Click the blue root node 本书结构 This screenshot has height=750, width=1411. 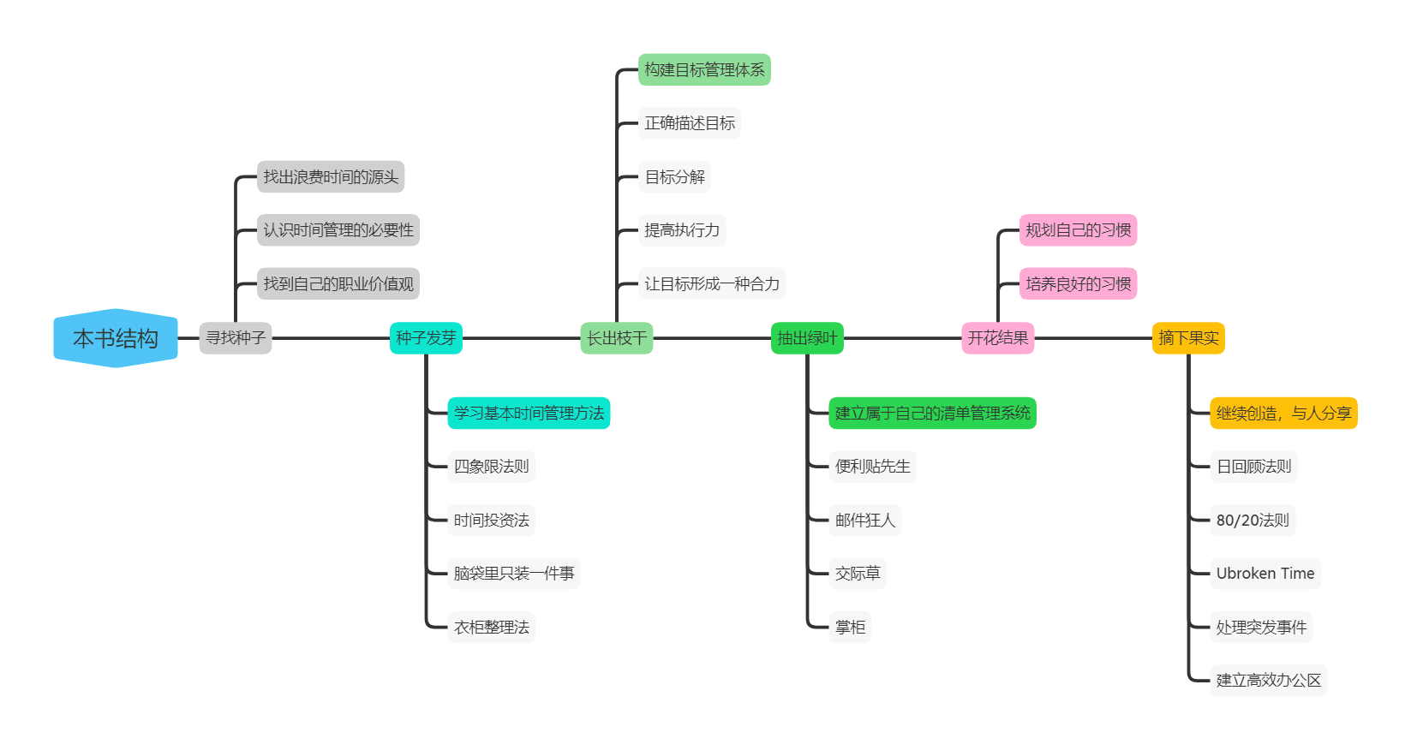tap(116, 338)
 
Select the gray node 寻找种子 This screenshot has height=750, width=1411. tap(236, 338)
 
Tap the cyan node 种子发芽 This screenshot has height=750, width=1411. tap(426, 338)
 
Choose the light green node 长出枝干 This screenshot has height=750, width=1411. tap(617, 338)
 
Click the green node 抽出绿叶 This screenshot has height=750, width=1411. tap(807, 338)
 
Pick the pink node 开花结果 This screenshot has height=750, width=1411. tap(998, 338)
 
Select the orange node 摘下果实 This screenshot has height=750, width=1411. tap(1188, 338)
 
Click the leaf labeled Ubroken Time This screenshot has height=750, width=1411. tap(1265, 574)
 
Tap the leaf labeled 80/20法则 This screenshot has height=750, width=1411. tap(1253, 520)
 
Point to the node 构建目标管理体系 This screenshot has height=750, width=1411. tap(704, 70)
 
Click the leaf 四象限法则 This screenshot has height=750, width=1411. tap(491, 467)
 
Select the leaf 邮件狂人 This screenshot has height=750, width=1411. tap(864, 520)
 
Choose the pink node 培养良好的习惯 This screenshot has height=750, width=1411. tap(1078, 284)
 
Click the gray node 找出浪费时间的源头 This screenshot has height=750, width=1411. tap(331, 177)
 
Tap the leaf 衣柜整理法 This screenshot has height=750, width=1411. tap(491, 628)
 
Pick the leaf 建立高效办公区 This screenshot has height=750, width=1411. tap(1268, 681)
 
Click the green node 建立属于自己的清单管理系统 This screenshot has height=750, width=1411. tap(932, 414)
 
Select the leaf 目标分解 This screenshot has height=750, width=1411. tap(674, 177)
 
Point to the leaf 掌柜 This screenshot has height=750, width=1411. tap(850, 628)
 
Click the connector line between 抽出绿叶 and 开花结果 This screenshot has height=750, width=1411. tap(903, 338)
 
